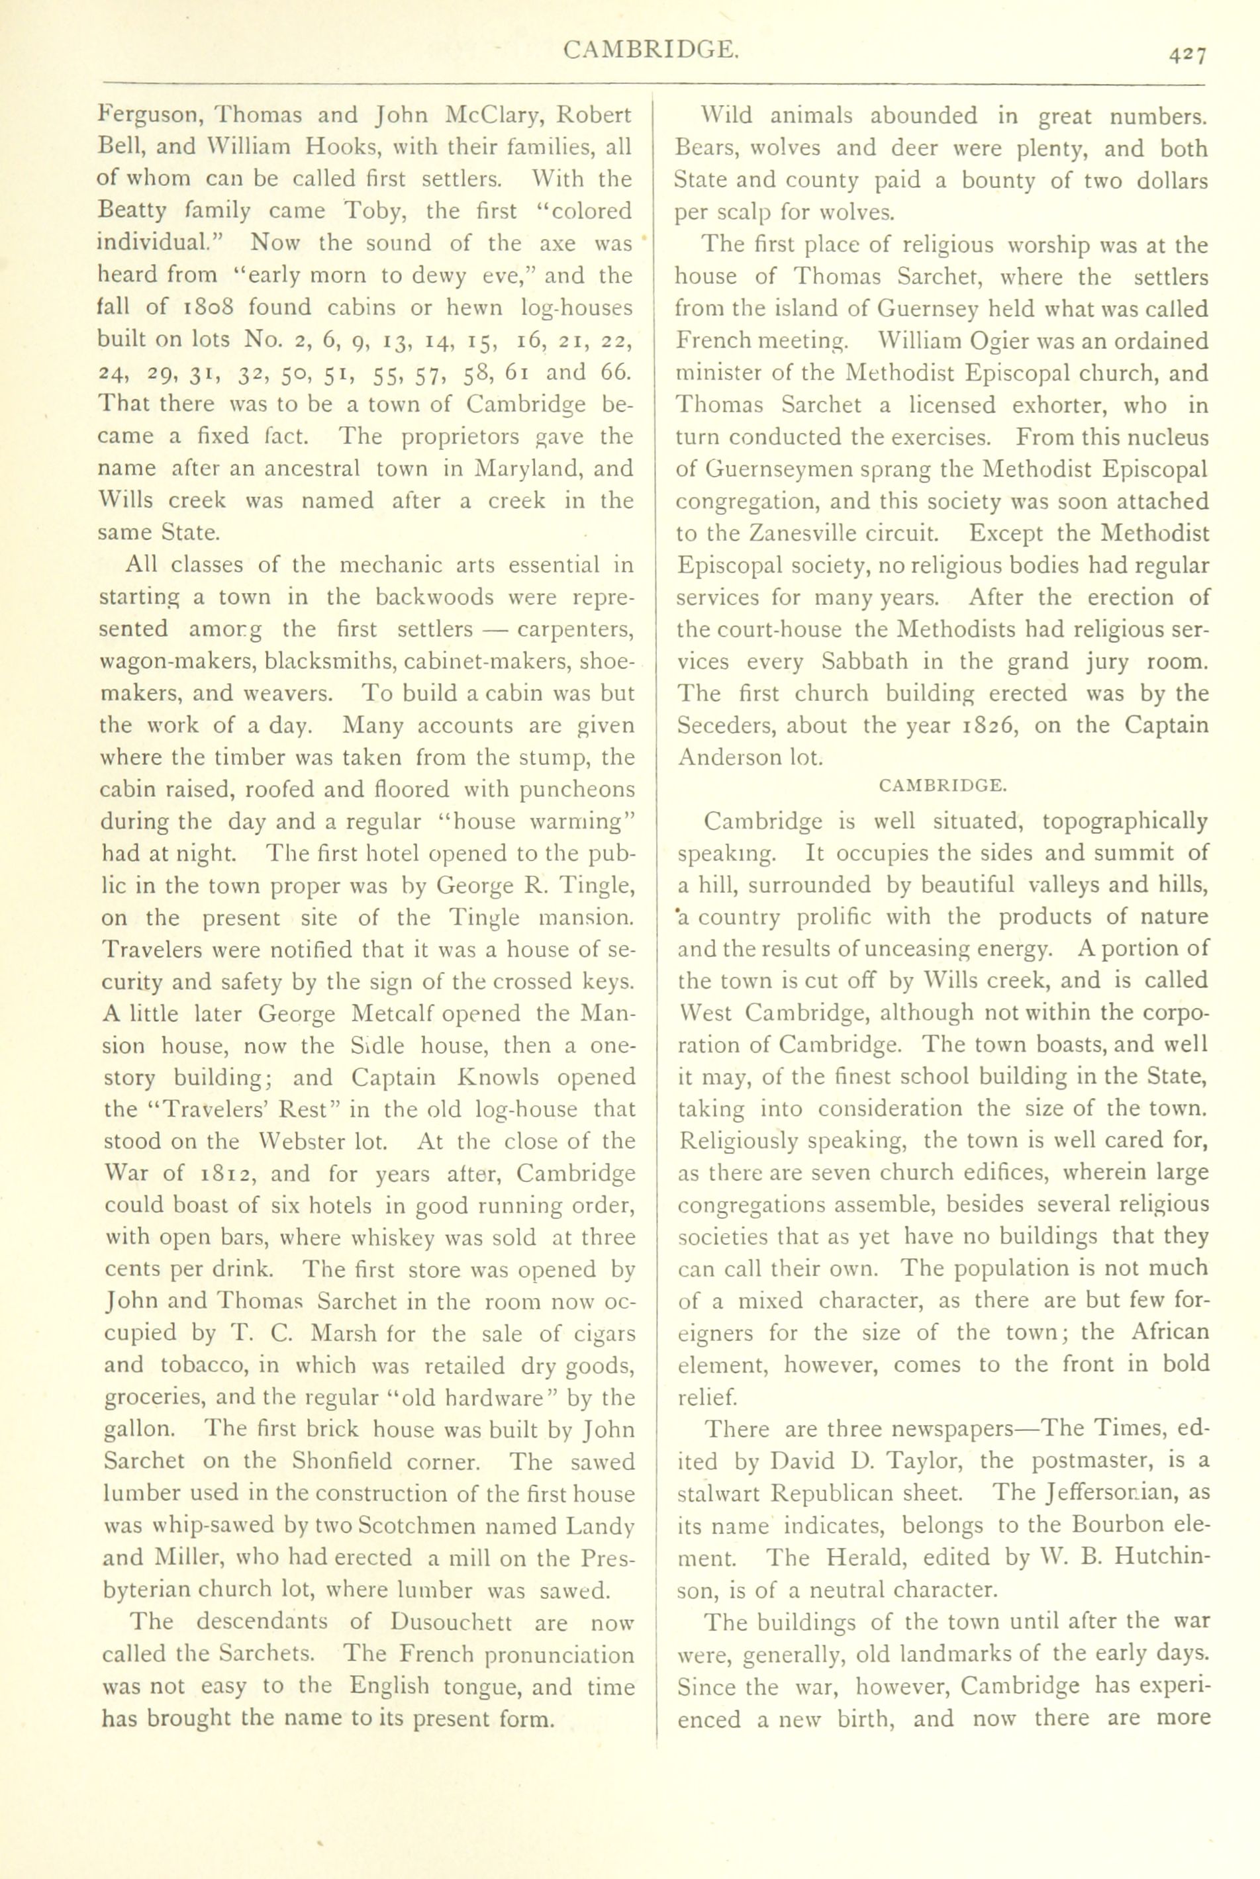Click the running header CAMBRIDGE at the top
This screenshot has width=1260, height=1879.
(650, 50)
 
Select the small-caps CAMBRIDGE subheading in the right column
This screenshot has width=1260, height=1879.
(943, 786)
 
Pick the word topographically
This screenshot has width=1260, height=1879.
(1124, 822)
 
